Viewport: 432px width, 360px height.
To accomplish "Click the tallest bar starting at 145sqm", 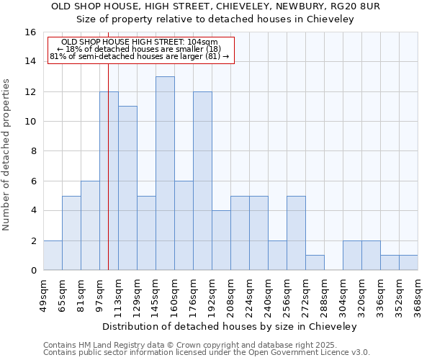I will click(x=165, y=173).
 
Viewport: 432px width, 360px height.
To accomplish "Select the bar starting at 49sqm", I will click(x=53, y=255).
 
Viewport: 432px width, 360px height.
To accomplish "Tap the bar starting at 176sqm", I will click(x=202, y=181).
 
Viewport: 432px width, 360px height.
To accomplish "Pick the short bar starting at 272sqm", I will click(x=315, y=262).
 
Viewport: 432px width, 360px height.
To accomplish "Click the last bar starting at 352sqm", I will click(x=408, y=262).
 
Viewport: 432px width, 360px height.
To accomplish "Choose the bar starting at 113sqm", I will click(x=127, y=188).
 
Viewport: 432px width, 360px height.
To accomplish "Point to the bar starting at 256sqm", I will click(x=296, y=233).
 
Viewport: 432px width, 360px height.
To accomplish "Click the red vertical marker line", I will click(x=108, y=180).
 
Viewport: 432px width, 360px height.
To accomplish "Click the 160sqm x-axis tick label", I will click(x=174, y=296).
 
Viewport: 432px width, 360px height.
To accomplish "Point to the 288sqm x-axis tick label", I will click(x=324, y=296).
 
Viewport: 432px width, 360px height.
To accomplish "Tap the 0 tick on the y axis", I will click(x=33, y=271).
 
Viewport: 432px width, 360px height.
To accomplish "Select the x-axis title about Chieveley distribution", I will click(x=230, y=326).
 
